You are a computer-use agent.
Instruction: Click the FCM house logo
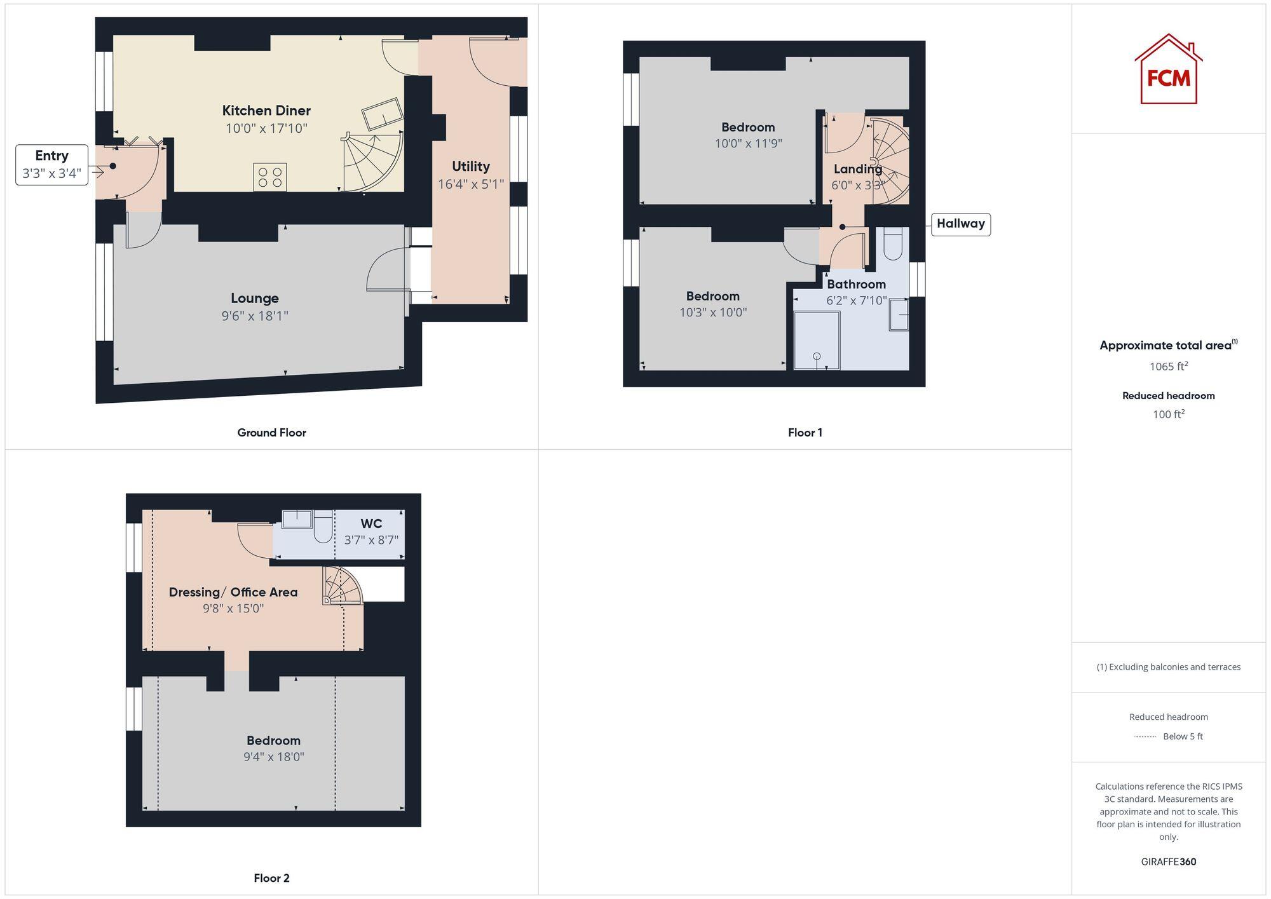[1168, 70]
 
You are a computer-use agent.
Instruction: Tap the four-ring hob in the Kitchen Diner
[270, 177]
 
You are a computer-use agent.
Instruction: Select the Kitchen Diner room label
[266, 111]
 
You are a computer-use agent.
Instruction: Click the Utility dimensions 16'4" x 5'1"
[471, 184]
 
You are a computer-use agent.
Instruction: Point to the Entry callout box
[51, 165]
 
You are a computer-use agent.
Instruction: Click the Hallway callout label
[960, 224]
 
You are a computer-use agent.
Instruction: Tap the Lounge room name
[255, 298]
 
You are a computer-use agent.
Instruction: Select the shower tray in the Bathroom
[817, 340]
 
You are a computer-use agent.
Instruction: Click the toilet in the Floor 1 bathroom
[893, 244]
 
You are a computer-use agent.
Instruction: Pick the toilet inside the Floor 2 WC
[323, 526]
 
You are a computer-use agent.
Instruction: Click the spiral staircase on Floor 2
[342, 586]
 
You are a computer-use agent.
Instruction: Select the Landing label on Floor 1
[858, 169]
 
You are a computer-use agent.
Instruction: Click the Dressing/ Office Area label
[233, 592]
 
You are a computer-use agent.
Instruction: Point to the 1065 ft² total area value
[1168, 366]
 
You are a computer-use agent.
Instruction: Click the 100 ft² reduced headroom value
[1168, 414]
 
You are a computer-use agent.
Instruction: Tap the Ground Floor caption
[271, 433]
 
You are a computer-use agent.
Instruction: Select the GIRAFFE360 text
[1168, 862]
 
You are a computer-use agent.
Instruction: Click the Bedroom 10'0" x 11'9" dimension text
[748, 144]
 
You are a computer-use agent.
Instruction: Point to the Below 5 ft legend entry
[1182, 736]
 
